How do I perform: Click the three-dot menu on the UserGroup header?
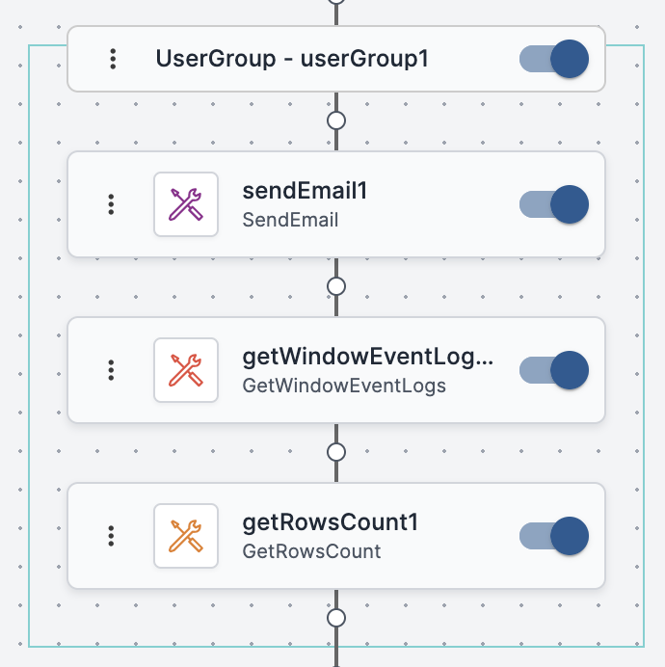pos(113,59)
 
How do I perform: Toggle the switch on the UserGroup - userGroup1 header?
pos(554,59)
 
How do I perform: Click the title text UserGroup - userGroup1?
pos(292,59)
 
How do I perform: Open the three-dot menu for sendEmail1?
pos(112,204)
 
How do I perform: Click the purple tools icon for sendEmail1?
pos(186,204)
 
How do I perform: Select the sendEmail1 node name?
pos(306,191)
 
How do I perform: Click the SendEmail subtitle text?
pos(290,220)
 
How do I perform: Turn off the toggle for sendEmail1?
pos(554,204)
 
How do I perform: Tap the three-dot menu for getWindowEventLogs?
pos(112,370)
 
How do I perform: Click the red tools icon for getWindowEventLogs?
pos(186,370)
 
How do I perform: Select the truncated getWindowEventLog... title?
pos(368,358)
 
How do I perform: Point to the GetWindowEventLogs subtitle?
pos(344,387)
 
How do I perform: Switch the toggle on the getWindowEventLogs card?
pos(554,370)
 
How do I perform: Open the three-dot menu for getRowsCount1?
pos(112,536)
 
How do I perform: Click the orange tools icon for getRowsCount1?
pos(186,536)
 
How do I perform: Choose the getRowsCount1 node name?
pos(331,522)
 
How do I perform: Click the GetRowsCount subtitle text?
pos(311,551)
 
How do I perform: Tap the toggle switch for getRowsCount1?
pos(554,536)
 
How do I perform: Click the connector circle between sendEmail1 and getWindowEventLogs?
pos(336,286)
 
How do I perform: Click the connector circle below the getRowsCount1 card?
pos(336,618)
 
